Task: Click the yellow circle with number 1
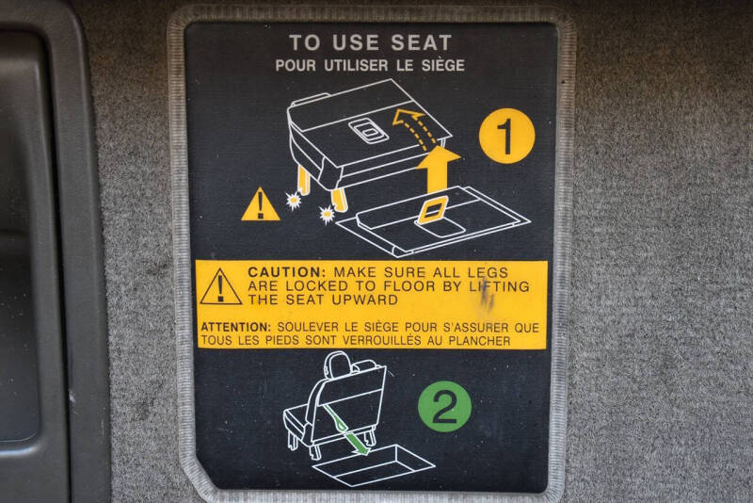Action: coord(506,136)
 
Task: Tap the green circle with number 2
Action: coord(444,406)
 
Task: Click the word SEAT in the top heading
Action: coord(421,42)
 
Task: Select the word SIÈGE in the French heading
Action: coord(442,65)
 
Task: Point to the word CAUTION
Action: coord(287,272)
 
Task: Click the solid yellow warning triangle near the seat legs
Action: coord(261,204)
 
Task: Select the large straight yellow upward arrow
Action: coord(438,170)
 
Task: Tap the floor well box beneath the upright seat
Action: coord(374,465)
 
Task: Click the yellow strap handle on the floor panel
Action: coord(433,210)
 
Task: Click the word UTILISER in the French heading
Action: coord(356,65)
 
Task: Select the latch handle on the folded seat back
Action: coord(368,130)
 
